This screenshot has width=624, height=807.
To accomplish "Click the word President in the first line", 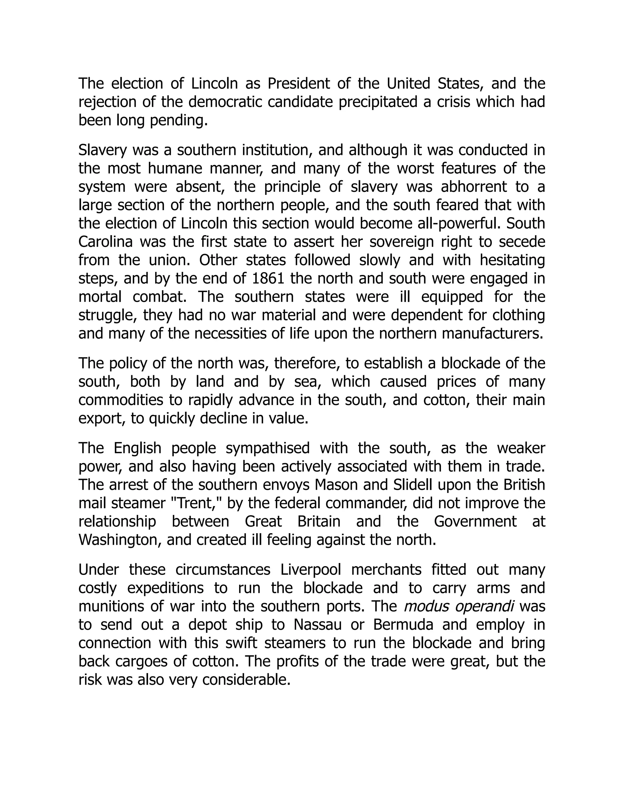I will point(298,84).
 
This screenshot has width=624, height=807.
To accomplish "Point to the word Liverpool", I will point(311,569).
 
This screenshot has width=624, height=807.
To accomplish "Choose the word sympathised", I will point(268,448).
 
